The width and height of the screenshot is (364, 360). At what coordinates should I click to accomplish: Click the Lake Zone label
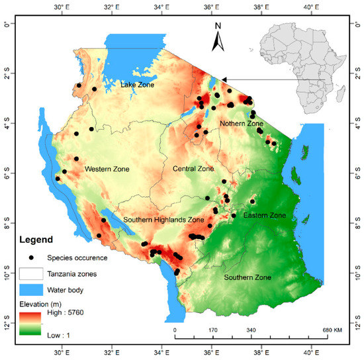[x=138, y=85]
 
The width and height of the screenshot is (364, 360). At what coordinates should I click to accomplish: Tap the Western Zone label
[x=107, y=169]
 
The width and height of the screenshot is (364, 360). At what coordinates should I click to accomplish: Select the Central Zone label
[x=193, y=169]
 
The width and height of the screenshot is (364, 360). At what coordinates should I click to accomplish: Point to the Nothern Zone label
[x=242, y=124]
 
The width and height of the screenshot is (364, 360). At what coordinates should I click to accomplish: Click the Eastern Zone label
[x=264, y=216]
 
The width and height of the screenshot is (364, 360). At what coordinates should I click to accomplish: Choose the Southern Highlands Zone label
[x=163, y=220]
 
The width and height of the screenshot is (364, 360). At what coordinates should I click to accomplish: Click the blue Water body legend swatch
[x=30, y=289]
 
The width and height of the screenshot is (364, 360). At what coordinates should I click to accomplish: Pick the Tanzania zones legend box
[x=30, y=273]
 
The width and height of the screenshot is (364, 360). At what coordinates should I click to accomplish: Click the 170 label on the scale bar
[x=213, y=329]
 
